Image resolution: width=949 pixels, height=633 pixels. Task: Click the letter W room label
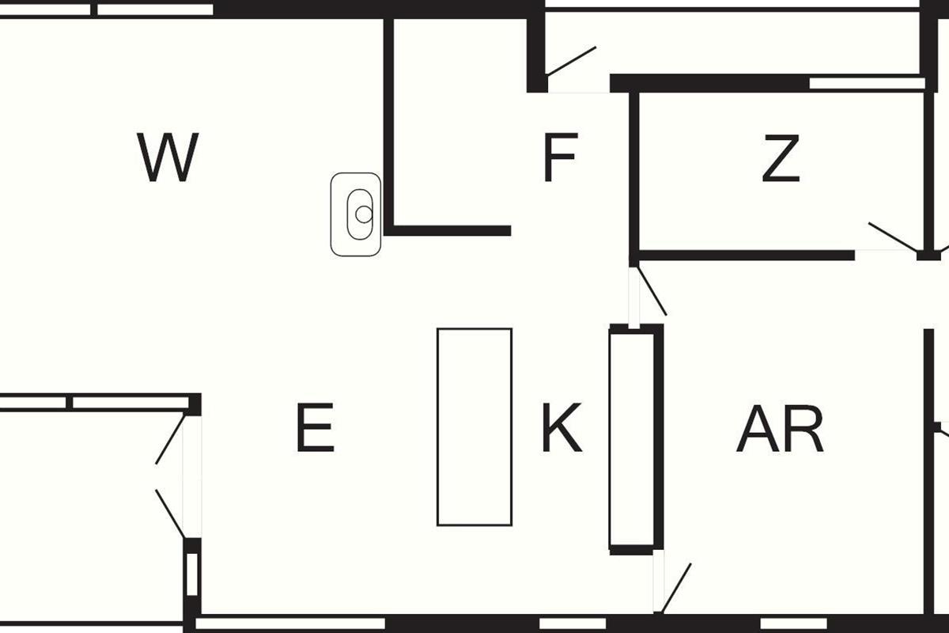tap(168, 158)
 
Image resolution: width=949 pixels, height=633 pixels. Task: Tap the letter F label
tap(560, 158)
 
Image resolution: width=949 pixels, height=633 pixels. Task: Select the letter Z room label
tap(781, 159)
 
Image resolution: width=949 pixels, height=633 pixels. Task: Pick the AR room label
tap(780, 430)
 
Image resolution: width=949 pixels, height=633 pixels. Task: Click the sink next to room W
tap(356, 214)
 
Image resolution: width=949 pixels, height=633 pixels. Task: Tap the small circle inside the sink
tap(363, 214)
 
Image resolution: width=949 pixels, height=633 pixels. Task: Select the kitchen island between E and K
tap(475, 427)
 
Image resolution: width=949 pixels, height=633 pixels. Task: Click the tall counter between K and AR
tap(632, 439)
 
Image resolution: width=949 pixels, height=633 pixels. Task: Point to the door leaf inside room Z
tap(894, 238)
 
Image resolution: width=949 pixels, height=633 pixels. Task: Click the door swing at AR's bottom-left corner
tap(677, 588)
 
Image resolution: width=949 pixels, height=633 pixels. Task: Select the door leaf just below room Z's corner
tap(652, 290)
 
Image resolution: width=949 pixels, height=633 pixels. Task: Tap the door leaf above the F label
tap(571, 61)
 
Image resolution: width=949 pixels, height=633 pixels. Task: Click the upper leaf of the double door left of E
tap(170, 439)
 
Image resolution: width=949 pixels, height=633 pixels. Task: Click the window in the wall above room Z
tap(866, 83)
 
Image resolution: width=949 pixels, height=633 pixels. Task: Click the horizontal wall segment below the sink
tap(448, 231)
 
